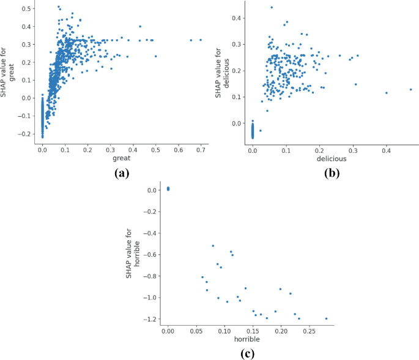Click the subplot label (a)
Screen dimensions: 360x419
pyautogui.click(x=122, y=173)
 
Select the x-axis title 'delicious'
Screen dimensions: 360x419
pyautogui.click(x=330, y=158)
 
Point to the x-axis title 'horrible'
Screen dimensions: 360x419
pyautogui.click(x=247, y=338)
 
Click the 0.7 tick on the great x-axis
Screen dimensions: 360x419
pyautogui.click(x=201, y=149)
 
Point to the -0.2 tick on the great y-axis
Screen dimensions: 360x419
pyautogui.click(x=24, y=133)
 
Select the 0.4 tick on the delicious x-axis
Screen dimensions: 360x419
pyautogui.click(x=387, y=149)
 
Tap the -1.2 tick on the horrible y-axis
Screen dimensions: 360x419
pyautogui.click(x=150, y=319)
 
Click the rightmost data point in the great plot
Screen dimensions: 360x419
pyautogui.click(x=201, y=40)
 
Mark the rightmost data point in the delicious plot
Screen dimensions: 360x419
pyautogui.click(x=411, y=89)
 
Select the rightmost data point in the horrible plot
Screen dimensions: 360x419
pyautogui.click(x=326, y=318)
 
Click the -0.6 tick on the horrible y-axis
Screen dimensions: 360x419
pyautogui.click(x=150, y=254)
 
